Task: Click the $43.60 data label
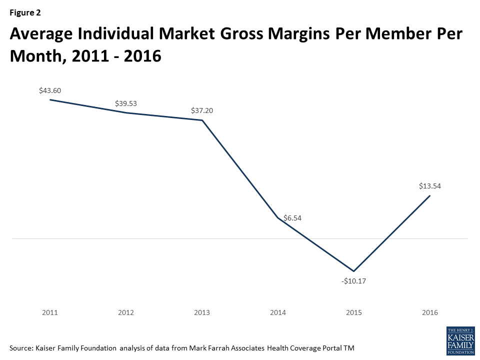point(50,90)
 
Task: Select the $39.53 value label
point(126,103)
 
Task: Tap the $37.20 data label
point(202,110)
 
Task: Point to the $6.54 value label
point(292,218)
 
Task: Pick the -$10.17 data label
point(354,281)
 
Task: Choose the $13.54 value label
point(430,186)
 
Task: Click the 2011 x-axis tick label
point(50,313)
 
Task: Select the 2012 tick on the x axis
point(126,313)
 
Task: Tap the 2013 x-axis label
point(202,313)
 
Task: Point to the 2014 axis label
point(278,313)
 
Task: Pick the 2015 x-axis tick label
point(354,313)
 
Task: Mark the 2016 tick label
point(430,313)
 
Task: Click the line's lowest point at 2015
point(354,271)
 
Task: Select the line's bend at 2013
point(202,120)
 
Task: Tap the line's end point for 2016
point(430,195)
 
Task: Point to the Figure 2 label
point(25,13)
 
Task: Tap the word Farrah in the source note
point(229,348)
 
